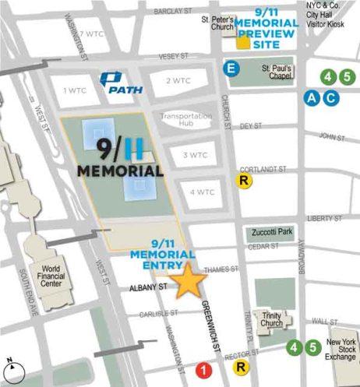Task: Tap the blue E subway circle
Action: click(231, 69)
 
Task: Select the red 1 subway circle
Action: click(204, 370)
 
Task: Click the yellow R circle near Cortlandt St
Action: click(245, 181)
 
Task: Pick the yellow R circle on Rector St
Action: click(242, 368)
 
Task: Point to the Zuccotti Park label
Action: click(271, 233)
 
